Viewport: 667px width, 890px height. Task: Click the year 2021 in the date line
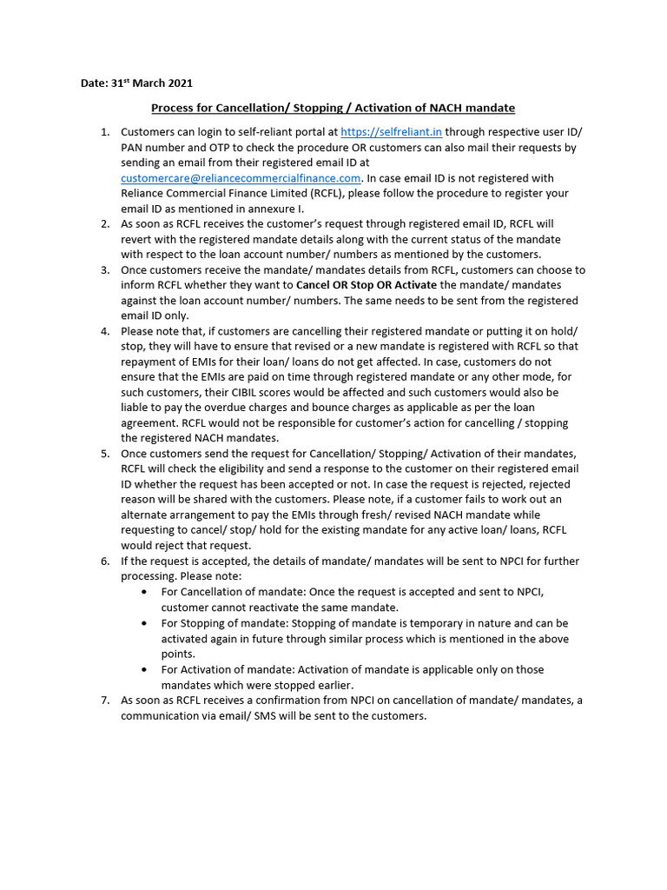coord(178,83)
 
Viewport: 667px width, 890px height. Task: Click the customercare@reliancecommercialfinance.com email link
coord(241,178)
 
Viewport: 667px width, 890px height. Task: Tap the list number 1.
coord(104,132)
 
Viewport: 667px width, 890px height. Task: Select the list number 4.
coord(104,331)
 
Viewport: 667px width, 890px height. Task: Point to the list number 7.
coord(104,701)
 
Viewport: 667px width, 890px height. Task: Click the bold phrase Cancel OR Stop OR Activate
coord(367,285)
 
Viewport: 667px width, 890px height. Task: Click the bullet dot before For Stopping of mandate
coord(143,624)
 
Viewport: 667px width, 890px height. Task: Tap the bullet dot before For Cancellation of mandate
coord(143,593)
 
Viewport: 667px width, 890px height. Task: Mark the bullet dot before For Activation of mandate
coord(143,670)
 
